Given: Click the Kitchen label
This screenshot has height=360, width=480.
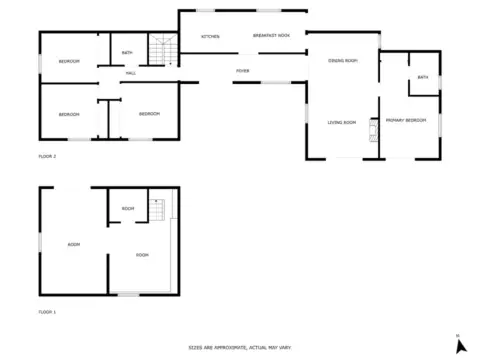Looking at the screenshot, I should pyautogui.click(x=210, y=36).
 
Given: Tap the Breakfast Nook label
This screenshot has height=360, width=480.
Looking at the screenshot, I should pyautogui.click(x=271, y=36).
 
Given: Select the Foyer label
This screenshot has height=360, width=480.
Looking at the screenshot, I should pyautogui.click(x=242, y=71).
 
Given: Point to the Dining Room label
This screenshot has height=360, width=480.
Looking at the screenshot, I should pyautogui.click(x=342, y=61).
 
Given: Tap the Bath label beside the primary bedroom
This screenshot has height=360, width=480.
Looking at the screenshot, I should pyautogui.click(x=423, y=77).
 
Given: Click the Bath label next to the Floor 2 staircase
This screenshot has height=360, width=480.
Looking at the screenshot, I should pyautogui.click(x=128, y=52).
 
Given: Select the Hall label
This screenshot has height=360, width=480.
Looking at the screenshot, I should pyautogui.click(x=131, y=73).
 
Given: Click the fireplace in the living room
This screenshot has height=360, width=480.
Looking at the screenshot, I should pyautogui.click(x=374, y=127).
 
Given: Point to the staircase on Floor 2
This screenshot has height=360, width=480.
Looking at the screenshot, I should pyautogui.click(x=161, y=50).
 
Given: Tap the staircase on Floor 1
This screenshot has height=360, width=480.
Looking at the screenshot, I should pyautogui.click(x=157, y=210).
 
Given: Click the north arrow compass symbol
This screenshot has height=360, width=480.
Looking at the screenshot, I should pyautogui.click(x=459, y=345).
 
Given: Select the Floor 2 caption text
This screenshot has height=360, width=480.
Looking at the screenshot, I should pyautogui.click(x=47, y=157).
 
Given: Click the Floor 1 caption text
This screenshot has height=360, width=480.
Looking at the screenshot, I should pyautogui.click(x=47, y=312).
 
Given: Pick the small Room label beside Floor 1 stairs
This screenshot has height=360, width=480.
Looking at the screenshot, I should pyautogui.click(x=128, y=208).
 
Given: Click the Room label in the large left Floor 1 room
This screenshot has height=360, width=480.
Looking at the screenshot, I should pyautogui.click(x=73, y=244).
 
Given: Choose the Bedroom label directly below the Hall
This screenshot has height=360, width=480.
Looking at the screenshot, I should pyautogui.click(x=149, y=114).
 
